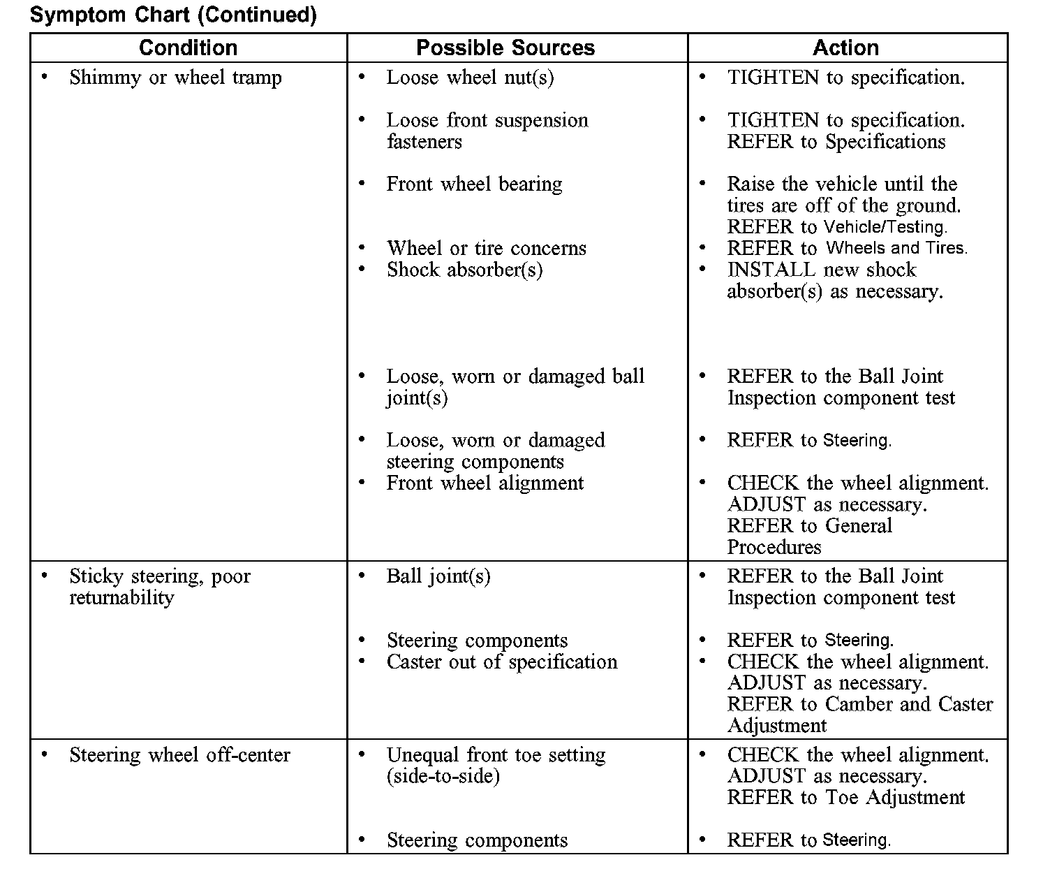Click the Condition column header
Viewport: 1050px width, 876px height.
(188, 48)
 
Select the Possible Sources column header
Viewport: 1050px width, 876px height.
(505, 48)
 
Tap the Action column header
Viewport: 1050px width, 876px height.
(845, 48)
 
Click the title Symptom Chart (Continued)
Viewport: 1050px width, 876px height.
(173, 15)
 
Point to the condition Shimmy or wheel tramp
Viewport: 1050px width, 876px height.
(175, 78)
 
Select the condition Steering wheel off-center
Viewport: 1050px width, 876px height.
(179, 755)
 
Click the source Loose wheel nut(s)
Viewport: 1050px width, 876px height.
(470, 78)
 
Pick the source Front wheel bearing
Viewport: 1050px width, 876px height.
(474, 184)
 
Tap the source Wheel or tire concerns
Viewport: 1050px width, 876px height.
(486, 249)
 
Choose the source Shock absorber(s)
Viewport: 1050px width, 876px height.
(464, 270)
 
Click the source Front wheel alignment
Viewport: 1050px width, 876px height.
(485, 483)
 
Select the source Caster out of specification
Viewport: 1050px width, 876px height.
(501, 662)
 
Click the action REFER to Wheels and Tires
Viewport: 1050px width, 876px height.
(847, 249)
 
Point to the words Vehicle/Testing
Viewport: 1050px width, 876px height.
(885, 227)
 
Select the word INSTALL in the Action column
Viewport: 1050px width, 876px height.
(771, 270)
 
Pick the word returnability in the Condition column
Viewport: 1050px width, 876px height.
(121, 598)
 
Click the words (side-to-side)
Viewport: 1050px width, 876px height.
(443, 777)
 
